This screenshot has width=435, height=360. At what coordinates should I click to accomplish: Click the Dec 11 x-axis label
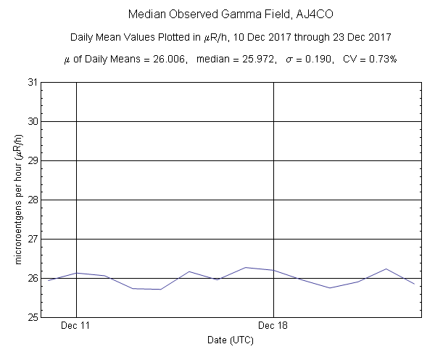click(x=76, y=327)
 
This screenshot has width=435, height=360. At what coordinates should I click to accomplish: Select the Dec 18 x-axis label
click(x=273, y=327)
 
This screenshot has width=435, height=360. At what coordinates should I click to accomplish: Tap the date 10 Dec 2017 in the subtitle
click(x=261, y=37)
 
